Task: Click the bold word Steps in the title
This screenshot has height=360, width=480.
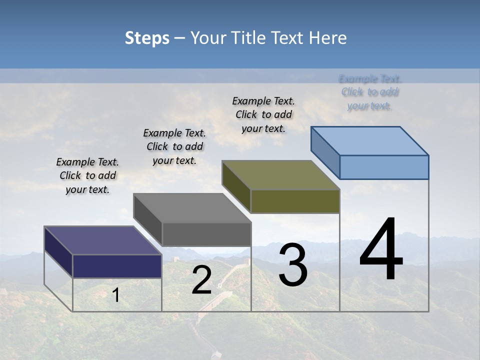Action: [x=147, y=38]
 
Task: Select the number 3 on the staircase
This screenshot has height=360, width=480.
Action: [x=293, y=265]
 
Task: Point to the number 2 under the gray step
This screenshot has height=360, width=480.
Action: [x=201, y=280]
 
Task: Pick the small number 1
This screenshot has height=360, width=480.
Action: [x=116, y=295]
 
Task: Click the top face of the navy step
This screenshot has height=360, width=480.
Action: [x=103, y=240]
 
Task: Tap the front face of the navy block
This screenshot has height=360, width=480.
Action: [x=117, y=266]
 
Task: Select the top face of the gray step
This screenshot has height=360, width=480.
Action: [x=192, y=207]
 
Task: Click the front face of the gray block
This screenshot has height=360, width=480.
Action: [x=206, y=234]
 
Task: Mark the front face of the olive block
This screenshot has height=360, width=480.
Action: [x=295, y=201]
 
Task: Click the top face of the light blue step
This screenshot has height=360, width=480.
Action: [x=370, y=140]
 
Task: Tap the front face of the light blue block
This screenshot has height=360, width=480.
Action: [x=384, y=167]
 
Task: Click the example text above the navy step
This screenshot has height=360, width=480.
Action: [x=87, y=176]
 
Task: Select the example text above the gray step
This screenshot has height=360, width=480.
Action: [x=174, y=147]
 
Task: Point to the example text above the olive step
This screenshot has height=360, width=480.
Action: [x=263, y=114]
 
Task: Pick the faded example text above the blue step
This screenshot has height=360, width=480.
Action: [x=370, y=92]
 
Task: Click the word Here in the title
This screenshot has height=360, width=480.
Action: [x=328, y=38]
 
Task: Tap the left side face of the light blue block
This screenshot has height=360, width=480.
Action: [x=325, y=150]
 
